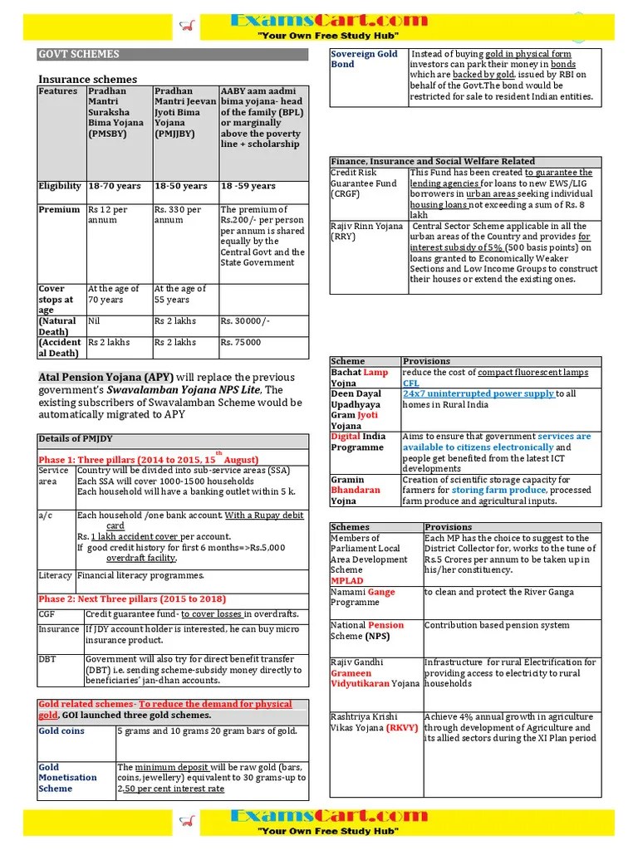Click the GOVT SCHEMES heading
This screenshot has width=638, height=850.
(79, 55)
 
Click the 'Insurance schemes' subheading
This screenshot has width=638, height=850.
(87, 80)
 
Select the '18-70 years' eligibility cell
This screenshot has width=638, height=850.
(115, 187)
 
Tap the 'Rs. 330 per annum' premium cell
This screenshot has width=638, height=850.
(178, 215)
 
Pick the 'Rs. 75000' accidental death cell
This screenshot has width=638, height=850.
(241, 342)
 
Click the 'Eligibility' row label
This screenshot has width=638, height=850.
(60, 187)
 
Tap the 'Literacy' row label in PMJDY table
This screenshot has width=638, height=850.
(56, 575)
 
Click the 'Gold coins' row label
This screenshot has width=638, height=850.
(61, 731)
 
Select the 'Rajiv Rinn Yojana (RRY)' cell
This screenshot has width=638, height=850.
(366, 231)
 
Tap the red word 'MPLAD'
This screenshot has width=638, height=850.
(347, 581)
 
